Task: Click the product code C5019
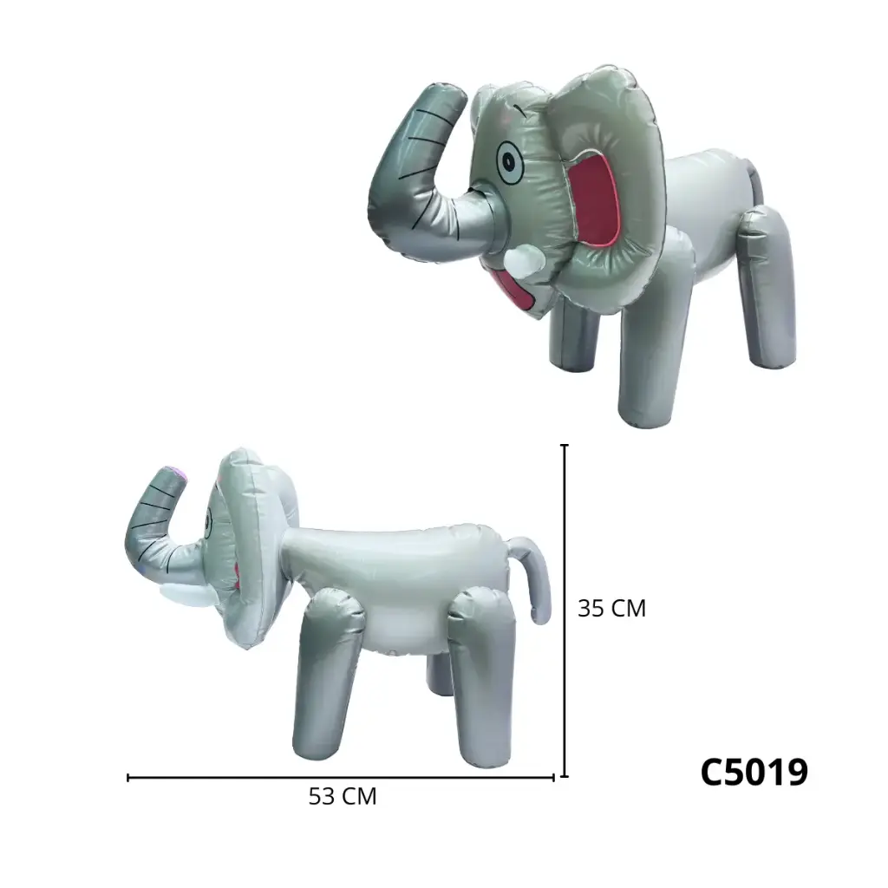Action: click(x=754, y=772)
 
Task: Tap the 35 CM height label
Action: click(x=611, y=609)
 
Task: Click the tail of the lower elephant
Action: click(x=534, y=572)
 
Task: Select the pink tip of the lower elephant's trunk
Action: click(x=176, y=472)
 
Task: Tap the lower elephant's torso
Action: click(x=399, y=581)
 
